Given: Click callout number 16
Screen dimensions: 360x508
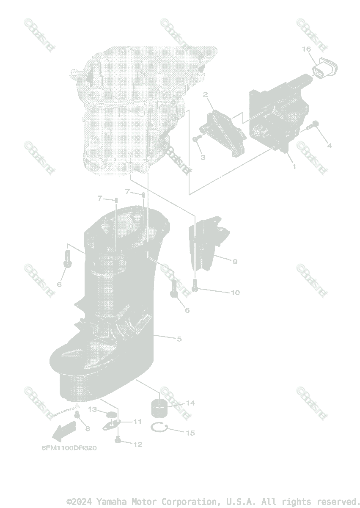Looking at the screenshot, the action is tap(306, 50).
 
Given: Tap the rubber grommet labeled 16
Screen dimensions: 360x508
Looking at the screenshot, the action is tap(325, 68).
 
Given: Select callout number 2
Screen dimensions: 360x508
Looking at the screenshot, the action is tap(206, 94).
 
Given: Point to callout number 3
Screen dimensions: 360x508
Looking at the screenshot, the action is tap(203, 157).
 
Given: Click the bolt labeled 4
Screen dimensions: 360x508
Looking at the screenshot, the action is tap(314, 124).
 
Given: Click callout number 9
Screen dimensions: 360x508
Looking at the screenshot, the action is tap(235, 262).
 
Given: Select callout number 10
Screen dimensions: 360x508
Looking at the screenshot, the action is tap(235, 293).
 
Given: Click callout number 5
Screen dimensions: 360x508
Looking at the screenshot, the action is tap(179, 339).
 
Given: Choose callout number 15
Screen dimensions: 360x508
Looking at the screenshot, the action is tap(190, 433).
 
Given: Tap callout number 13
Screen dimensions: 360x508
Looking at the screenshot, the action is tap(93, 409).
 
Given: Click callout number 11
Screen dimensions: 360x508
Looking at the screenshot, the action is tap(137, 422).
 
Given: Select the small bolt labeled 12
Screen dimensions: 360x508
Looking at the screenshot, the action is tap(118, 441).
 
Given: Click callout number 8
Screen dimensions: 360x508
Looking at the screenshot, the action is tap(88, 428).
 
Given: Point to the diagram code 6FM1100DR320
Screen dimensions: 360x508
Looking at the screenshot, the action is tap(69, 448).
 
